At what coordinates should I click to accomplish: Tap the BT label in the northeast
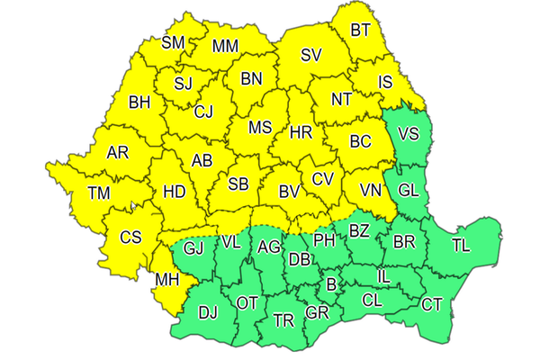(x=360, y=31)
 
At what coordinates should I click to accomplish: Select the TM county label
(x=99, y=192)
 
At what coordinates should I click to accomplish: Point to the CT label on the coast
(x=432, y=305)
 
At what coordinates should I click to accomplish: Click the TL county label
(x=461, y=245)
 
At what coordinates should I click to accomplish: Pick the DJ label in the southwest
(x=208, y=312)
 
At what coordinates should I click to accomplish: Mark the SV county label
(x=311, y=55)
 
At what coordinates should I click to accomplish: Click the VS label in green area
(x=409, y=134)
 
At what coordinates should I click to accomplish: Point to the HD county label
(x=174, y=192)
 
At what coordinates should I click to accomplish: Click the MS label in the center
(x=260, y=127)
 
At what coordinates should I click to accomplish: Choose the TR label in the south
(x=283, y=320)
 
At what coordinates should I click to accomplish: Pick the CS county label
(x=131, y=238)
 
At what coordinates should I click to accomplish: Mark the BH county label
(x=139, y=103)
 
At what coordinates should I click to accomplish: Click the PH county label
(x=324, y=241)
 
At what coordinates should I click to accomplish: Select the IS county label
(x=385, y=82)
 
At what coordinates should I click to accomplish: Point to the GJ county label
(x=193, y=247)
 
